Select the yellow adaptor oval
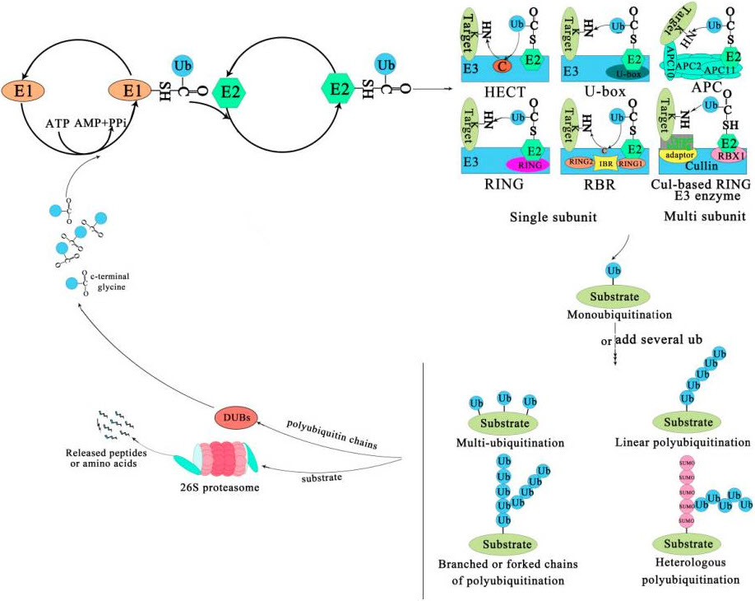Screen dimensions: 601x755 (x=676, y=155)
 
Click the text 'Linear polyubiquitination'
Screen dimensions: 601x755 (x=683, y=443)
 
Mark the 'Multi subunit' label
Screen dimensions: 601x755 (x=697, y=217)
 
